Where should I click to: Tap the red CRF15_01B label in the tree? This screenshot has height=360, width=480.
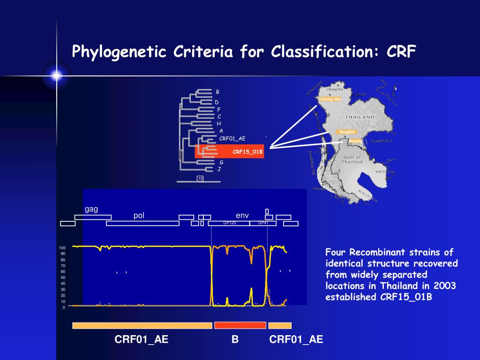pos(247,151)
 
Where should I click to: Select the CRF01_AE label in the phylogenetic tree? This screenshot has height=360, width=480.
pos(232,138)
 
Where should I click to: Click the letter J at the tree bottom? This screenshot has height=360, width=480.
pos(219,169)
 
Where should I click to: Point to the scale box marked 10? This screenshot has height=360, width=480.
pos(200,179)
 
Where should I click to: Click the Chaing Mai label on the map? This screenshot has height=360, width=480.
pos(330,99)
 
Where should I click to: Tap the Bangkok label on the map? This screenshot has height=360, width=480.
pos(348,132)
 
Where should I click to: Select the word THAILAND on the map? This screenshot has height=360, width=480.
pos(360,117)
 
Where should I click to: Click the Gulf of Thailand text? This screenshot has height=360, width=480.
pos(352,159)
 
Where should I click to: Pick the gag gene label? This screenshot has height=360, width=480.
pos(91,209)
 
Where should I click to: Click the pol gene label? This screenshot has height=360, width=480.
pos(139,216)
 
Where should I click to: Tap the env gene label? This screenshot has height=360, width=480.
pos(242,216)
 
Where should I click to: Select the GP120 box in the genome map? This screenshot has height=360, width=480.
pos(229,223)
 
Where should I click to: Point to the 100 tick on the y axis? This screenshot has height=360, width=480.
pos(62,247)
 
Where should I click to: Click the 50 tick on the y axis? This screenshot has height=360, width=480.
pos(63,277)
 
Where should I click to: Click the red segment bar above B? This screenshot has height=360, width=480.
pos(240,325)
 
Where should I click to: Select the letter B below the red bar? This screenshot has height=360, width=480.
pos(235,339)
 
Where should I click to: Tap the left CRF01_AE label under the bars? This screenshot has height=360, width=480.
pos(142,339)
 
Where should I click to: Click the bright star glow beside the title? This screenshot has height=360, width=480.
pos(57,75)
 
